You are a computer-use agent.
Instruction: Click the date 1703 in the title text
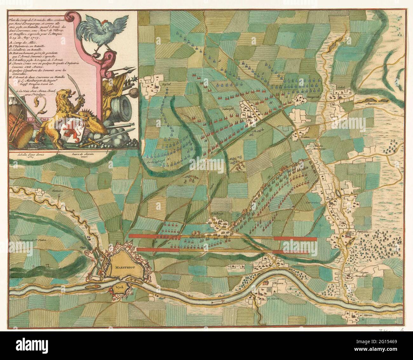click(37, 38)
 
